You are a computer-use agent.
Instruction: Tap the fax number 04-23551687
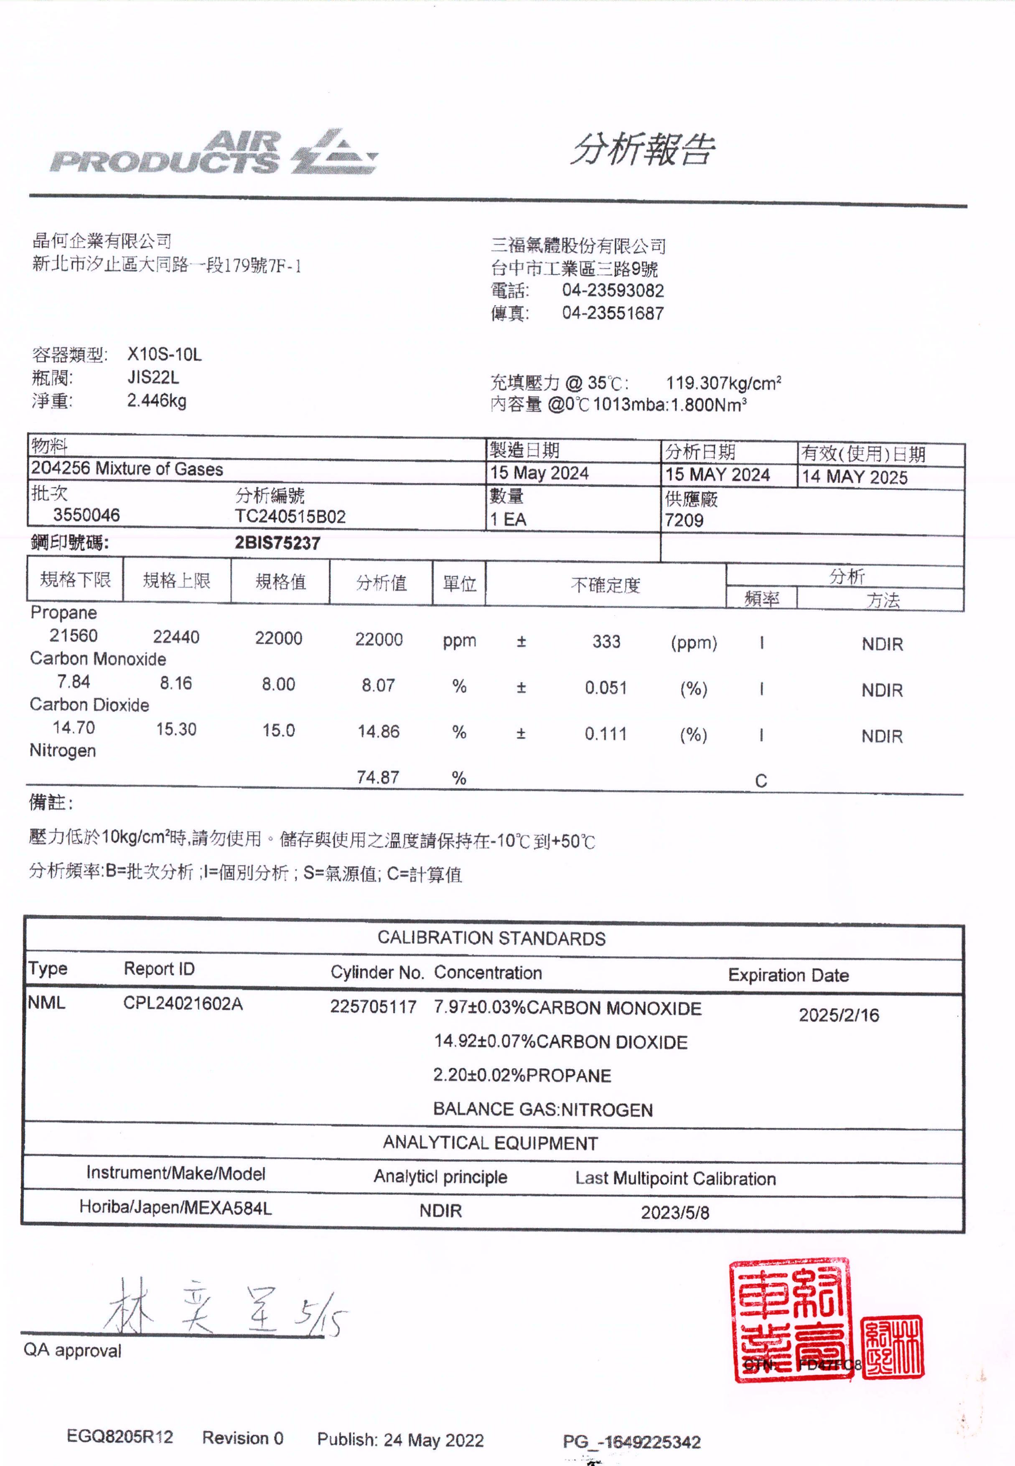(x=613, y=313)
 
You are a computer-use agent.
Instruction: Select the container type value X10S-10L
(x=164, y=354)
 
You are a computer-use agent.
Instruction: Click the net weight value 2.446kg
(x=156, y=401)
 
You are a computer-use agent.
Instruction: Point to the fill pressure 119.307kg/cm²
(x=723, y=383)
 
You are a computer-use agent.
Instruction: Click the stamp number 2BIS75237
(x=277, y=542)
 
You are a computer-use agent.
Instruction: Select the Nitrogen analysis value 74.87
(x=378, y=777)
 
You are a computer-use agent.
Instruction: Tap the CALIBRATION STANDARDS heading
(x=491, y=938)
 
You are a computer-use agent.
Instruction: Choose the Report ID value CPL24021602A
(x=183, y=1004)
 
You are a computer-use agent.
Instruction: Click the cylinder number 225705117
(x=373, y=1006)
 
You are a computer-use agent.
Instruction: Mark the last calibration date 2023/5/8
(x=675, y=1212)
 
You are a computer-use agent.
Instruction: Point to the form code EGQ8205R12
(x=120, y=1437)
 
